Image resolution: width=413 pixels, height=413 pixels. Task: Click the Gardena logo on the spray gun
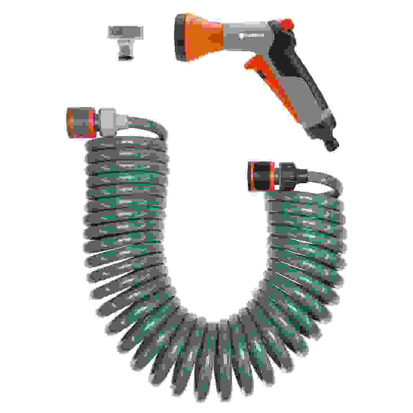[252, 36]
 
